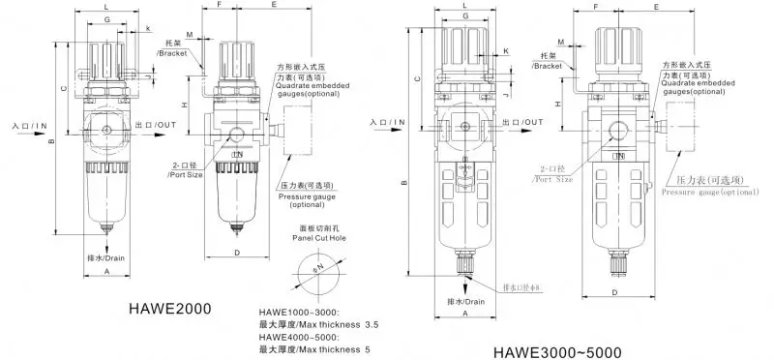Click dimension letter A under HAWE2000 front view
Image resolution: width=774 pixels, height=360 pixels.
point(104,272)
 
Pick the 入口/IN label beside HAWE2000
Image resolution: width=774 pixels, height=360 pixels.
point(30,126)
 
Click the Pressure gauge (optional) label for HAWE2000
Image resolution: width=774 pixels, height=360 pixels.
point(306,199)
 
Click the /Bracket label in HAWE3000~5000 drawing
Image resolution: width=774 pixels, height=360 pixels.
point(549,67)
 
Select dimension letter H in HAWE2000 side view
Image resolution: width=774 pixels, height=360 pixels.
point(186,104)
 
